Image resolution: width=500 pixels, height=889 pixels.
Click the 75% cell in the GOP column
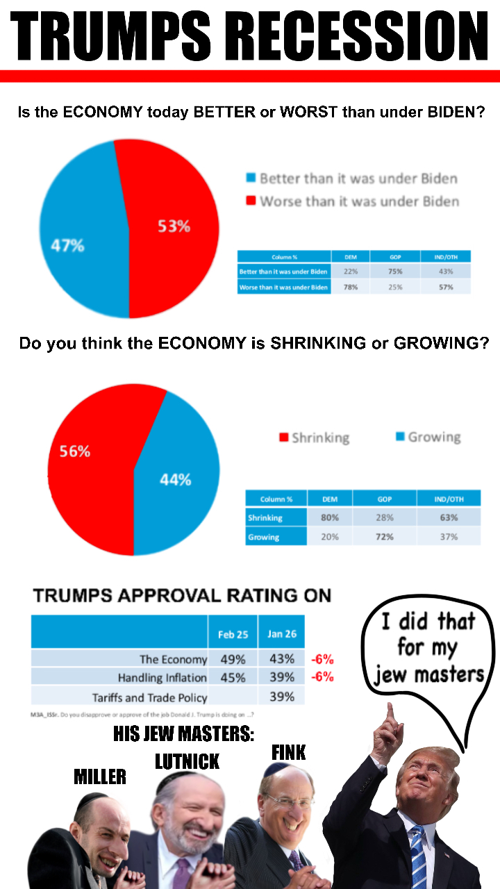[395, 272]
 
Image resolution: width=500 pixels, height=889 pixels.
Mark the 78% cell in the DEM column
[351, 287]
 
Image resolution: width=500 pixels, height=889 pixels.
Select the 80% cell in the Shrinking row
[330, 517]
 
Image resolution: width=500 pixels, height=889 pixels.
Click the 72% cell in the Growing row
[384, 536]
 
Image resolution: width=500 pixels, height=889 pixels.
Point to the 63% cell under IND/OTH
[449, 517]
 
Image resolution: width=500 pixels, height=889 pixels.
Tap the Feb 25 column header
[233, 634]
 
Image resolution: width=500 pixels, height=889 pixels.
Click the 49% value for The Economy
[233, 659]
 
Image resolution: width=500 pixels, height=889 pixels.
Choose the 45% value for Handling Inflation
[233, 677]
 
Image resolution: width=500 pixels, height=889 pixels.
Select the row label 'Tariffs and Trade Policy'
[149, 697]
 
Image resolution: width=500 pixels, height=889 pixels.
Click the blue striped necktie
[418, 854]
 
